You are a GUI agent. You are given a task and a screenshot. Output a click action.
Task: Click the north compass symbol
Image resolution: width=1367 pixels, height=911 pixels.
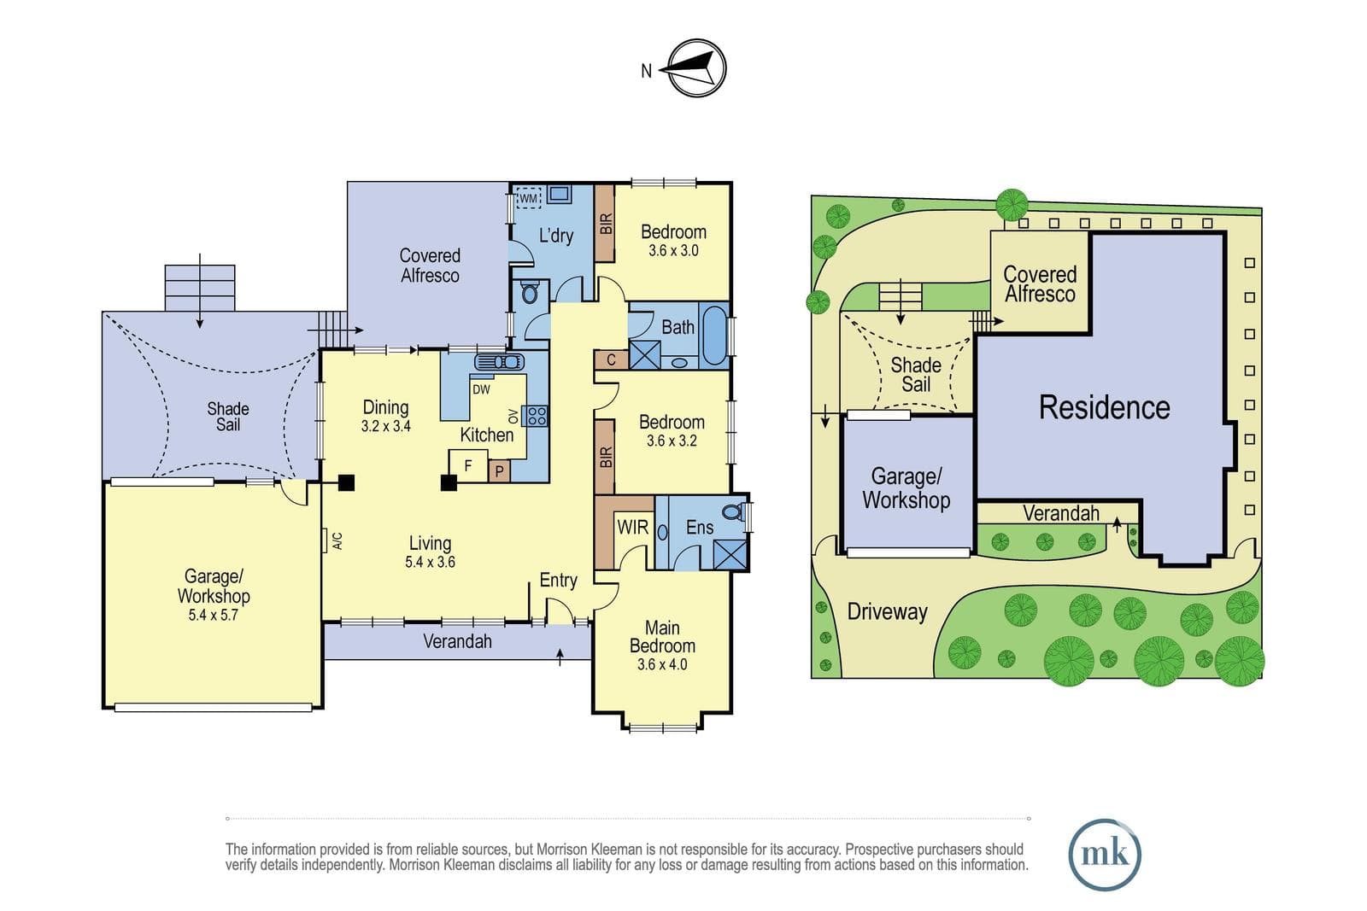click(696, 68)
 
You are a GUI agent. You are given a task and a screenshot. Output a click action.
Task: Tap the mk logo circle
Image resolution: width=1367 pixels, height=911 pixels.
click(1105, 855)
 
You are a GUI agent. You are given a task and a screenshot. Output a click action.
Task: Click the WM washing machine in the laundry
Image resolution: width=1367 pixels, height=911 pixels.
click(529, 198)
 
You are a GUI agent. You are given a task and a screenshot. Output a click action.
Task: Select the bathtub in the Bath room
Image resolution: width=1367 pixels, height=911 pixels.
click(714, 336)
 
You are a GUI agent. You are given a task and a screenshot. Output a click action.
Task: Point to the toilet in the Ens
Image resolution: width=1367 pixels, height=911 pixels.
click(734, 511)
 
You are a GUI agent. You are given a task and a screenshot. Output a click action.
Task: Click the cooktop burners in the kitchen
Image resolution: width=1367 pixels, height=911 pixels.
click(537, 416)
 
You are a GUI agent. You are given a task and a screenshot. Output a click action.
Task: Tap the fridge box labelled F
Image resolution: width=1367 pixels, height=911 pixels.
click(468, 466)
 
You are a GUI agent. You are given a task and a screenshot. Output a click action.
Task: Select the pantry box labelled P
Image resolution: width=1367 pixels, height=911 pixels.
click(499, 470)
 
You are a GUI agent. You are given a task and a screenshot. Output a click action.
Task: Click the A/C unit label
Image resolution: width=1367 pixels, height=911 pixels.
click(337, 540)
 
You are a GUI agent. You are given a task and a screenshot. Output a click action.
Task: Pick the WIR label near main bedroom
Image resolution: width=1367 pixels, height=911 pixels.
click(632, 528)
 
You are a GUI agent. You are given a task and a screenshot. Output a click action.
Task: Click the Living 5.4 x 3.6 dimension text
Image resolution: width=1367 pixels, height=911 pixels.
click(431, 562)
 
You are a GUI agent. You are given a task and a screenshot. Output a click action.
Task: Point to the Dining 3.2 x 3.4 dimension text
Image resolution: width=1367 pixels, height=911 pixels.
click(385, 426)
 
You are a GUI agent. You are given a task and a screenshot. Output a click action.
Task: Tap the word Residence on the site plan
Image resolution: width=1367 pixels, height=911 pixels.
click(1105, 407)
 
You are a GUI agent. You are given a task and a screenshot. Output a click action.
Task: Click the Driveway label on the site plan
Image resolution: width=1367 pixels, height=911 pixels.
click(888, 611)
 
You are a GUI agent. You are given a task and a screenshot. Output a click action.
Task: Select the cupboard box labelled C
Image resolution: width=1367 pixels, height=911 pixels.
click(612, 360)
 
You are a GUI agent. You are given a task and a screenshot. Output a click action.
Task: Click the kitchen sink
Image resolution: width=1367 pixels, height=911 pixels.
click(499, 362)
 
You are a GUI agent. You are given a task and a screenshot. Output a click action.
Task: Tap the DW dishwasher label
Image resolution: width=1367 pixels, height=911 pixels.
click(481, 389)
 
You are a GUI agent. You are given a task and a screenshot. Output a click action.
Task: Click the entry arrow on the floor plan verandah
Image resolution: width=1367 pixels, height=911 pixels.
click(560, 657)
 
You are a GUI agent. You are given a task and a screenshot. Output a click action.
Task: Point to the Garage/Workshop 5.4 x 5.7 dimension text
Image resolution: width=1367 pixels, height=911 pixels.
click(213, 616)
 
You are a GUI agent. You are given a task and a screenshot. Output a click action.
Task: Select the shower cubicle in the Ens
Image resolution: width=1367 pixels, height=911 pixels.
click(730, 554)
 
